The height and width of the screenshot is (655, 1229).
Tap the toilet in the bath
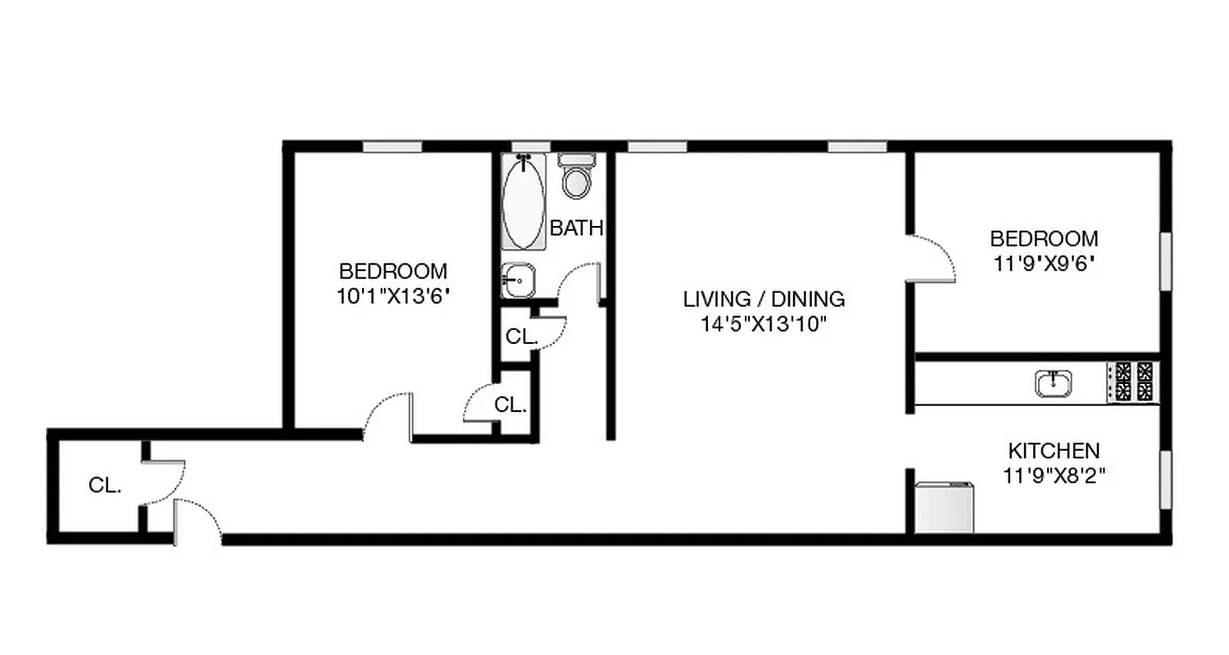577,178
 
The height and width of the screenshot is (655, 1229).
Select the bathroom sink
518,281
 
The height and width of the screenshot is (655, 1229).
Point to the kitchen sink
1054,383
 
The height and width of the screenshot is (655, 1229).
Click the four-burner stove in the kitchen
1132,382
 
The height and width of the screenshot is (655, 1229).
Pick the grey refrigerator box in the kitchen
944,508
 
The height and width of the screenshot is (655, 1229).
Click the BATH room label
577,228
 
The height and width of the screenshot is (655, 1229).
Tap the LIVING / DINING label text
764,299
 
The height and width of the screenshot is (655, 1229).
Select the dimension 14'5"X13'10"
762,324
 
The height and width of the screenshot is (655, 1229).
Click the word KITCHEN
1053,450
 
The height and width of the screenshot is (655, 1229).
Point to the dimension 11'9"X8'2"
1054,476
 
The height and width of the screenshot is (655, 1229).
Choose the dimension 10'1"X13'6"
393,296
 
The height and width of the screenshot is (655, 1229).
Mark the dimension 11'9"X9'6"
1044,264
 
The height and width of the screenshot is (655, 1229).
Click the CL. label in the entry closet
105,486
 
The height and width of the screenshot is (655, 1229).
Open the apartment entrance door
197,521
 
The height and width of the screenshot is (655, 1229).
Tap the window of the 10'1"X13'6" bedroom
392,147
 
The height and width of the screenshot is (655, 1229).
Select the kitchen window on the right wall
1164,480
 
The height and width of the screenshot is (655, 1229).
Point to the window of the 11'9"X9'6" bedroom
1164,260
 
